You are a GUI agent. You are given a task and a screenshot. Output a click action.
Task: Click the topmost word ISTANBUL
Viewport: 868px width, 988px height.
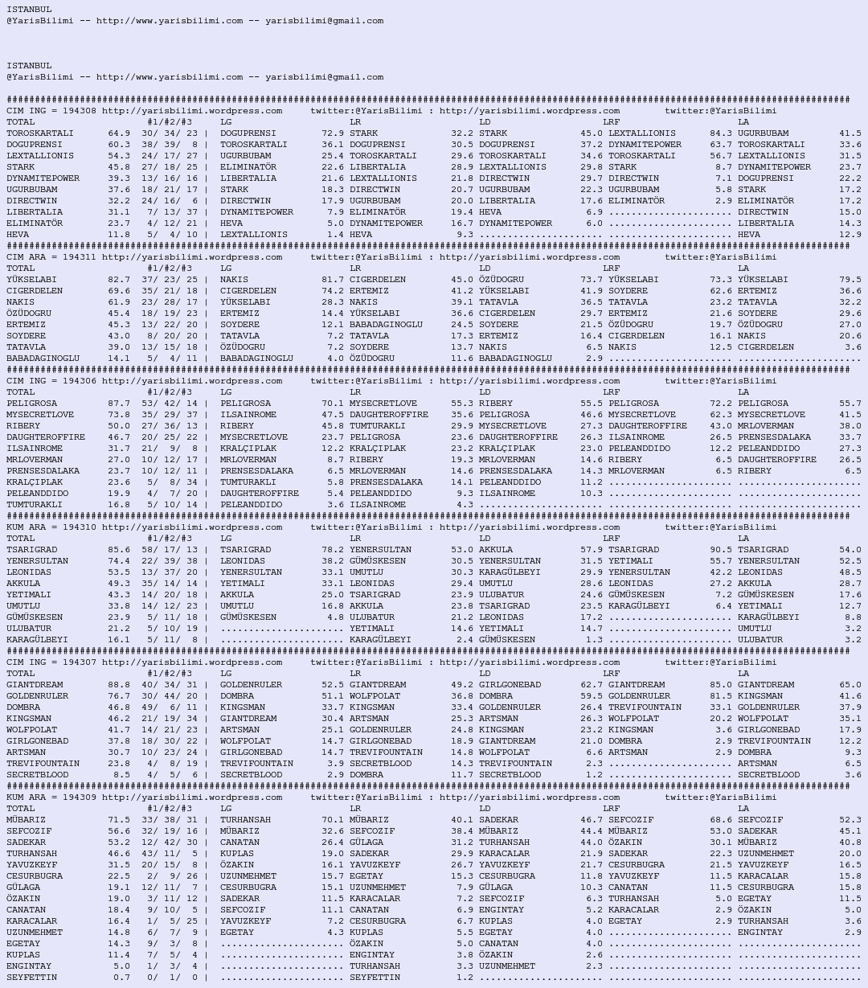click(x=29, y=10)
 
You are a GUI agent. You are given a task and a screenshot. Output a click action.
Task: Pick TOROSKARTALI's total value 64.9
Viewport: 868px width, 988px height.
click(x=119, y=133)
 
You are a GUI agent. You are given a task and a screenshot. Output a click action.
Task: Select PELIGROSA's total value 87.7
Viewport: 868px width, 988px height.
click(x=119, y=404)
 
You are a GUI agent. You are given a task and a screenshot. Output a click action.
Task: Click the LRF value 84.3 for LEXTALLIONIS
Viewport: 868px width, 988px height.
click(x=721, y=133)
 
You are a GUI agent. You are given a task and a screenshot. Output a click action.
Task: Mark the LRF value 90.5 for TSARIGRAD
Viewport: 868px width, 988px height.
click(x=721, y=550)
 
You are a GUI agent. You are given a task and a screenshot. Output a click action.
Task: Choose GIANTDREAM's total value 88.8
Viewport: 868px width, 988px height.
click(x=119, y=685)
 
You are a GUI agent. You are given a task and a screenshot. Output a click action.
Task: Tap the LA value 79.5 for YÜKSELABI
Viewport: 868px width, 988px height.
click(x=850, y=280)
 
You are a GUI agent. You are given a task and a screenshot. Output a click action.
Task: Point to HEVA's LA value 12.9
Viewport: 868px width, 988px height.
click(x=850, y=235)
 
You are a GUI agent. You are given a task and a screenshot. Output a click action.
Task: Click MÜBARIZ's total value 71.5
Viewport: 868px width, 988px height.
click(x=119, y=820)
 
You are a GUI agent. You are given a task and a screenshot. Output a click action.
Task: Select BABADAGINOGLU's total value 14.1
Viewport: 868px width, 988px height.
click(x=119, y=359)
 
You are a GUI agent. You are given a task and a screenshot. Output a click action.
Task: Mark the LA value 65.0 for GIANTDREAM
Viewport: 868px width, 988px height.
click(x=850, y=685)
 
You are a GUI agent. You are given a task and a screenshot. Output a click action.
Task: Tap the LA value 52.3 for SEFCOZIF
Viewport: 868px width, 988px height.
click(x=850, y=820)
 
